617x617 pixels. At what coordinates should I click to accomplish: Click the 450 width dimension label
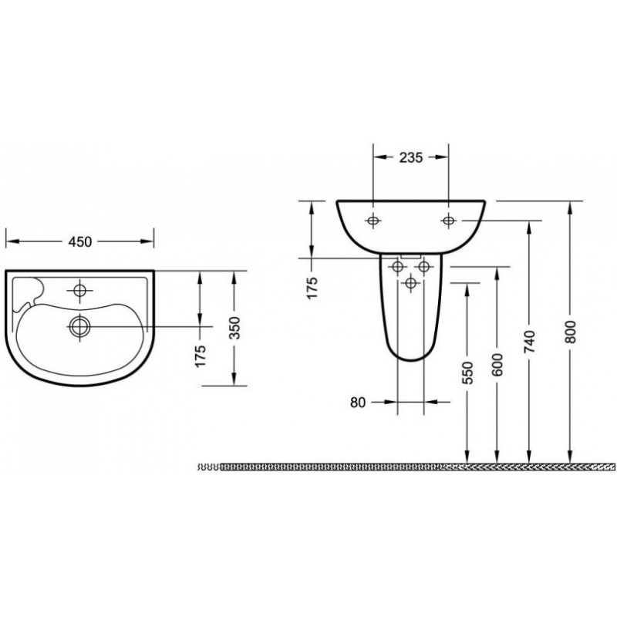coord(80,241)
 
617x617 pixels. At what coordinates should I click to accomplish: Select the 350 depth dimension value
coord(234,327)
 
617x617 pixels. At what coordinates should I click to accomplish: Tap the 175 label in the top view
coord(201,356)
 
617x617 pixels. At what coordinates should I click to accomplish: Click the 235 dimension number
coord(411,157)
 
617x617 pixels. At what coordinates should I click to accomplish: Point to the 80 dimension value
coord(358,403)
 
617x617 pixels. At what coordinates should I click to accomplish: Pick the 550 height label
coord(468,373)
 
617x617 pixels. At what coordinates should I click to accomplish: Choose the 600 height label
coord(497,364)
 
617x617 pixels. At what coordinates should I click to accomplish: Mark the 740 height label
coord(530,341)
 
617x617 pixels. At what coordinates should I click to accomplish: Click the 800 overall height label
coord(570,332)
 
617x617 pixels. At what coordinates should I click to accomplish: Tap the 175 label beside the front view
coord(312,288)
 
